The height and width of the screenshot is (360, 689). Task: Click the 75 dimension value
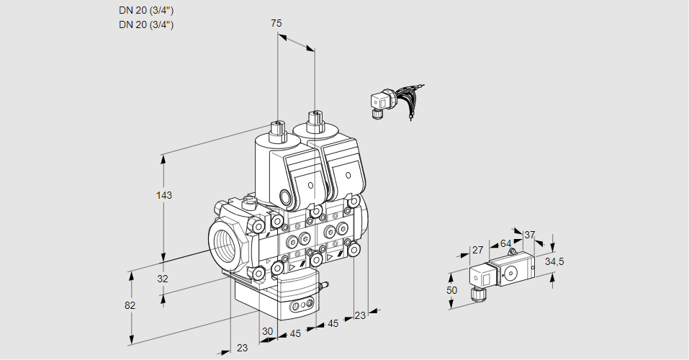(276, 23)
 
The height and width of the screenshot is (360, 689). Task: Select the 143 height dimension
(166, 195)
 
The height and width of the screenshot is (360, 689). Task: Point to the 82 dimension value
(130, 305)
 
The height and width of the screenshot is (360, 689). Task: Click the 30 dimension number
(267, 332)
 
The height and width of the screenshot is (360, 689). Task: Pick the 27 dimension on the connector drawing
(477, 250)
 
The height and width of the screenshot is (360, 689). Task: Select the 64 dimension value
(505, 243)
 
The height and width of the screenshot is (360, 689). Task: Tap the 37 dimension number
(529, 235)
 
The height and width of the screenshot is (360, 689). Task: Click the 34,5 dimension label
(554, 261)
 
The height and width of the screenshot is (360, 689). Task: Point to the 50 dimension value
(451, 290)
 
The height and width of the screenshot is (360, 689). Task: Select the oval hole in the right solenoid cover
(348, 175)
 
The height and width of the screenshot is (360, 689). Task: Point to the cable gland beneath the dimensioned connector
(475, 293)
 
